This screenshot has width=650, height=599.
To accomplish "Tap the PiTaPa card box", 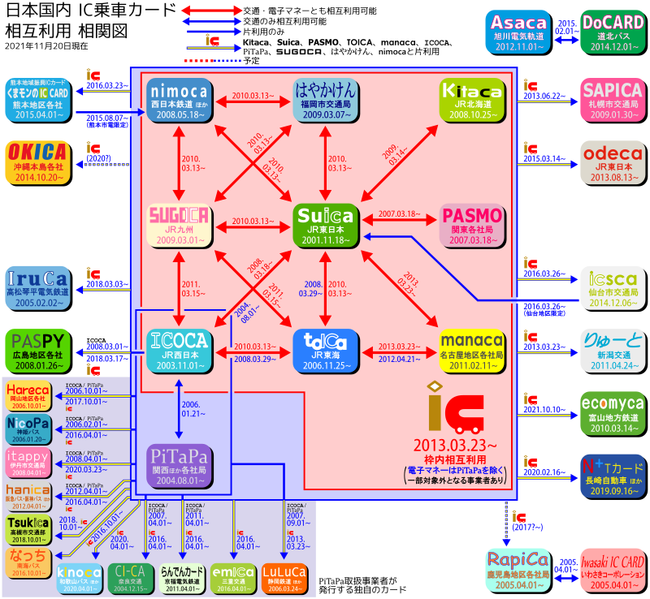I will point(180,464).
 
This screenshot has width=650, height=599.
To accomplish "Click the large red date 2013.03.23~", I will point(456,446).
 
